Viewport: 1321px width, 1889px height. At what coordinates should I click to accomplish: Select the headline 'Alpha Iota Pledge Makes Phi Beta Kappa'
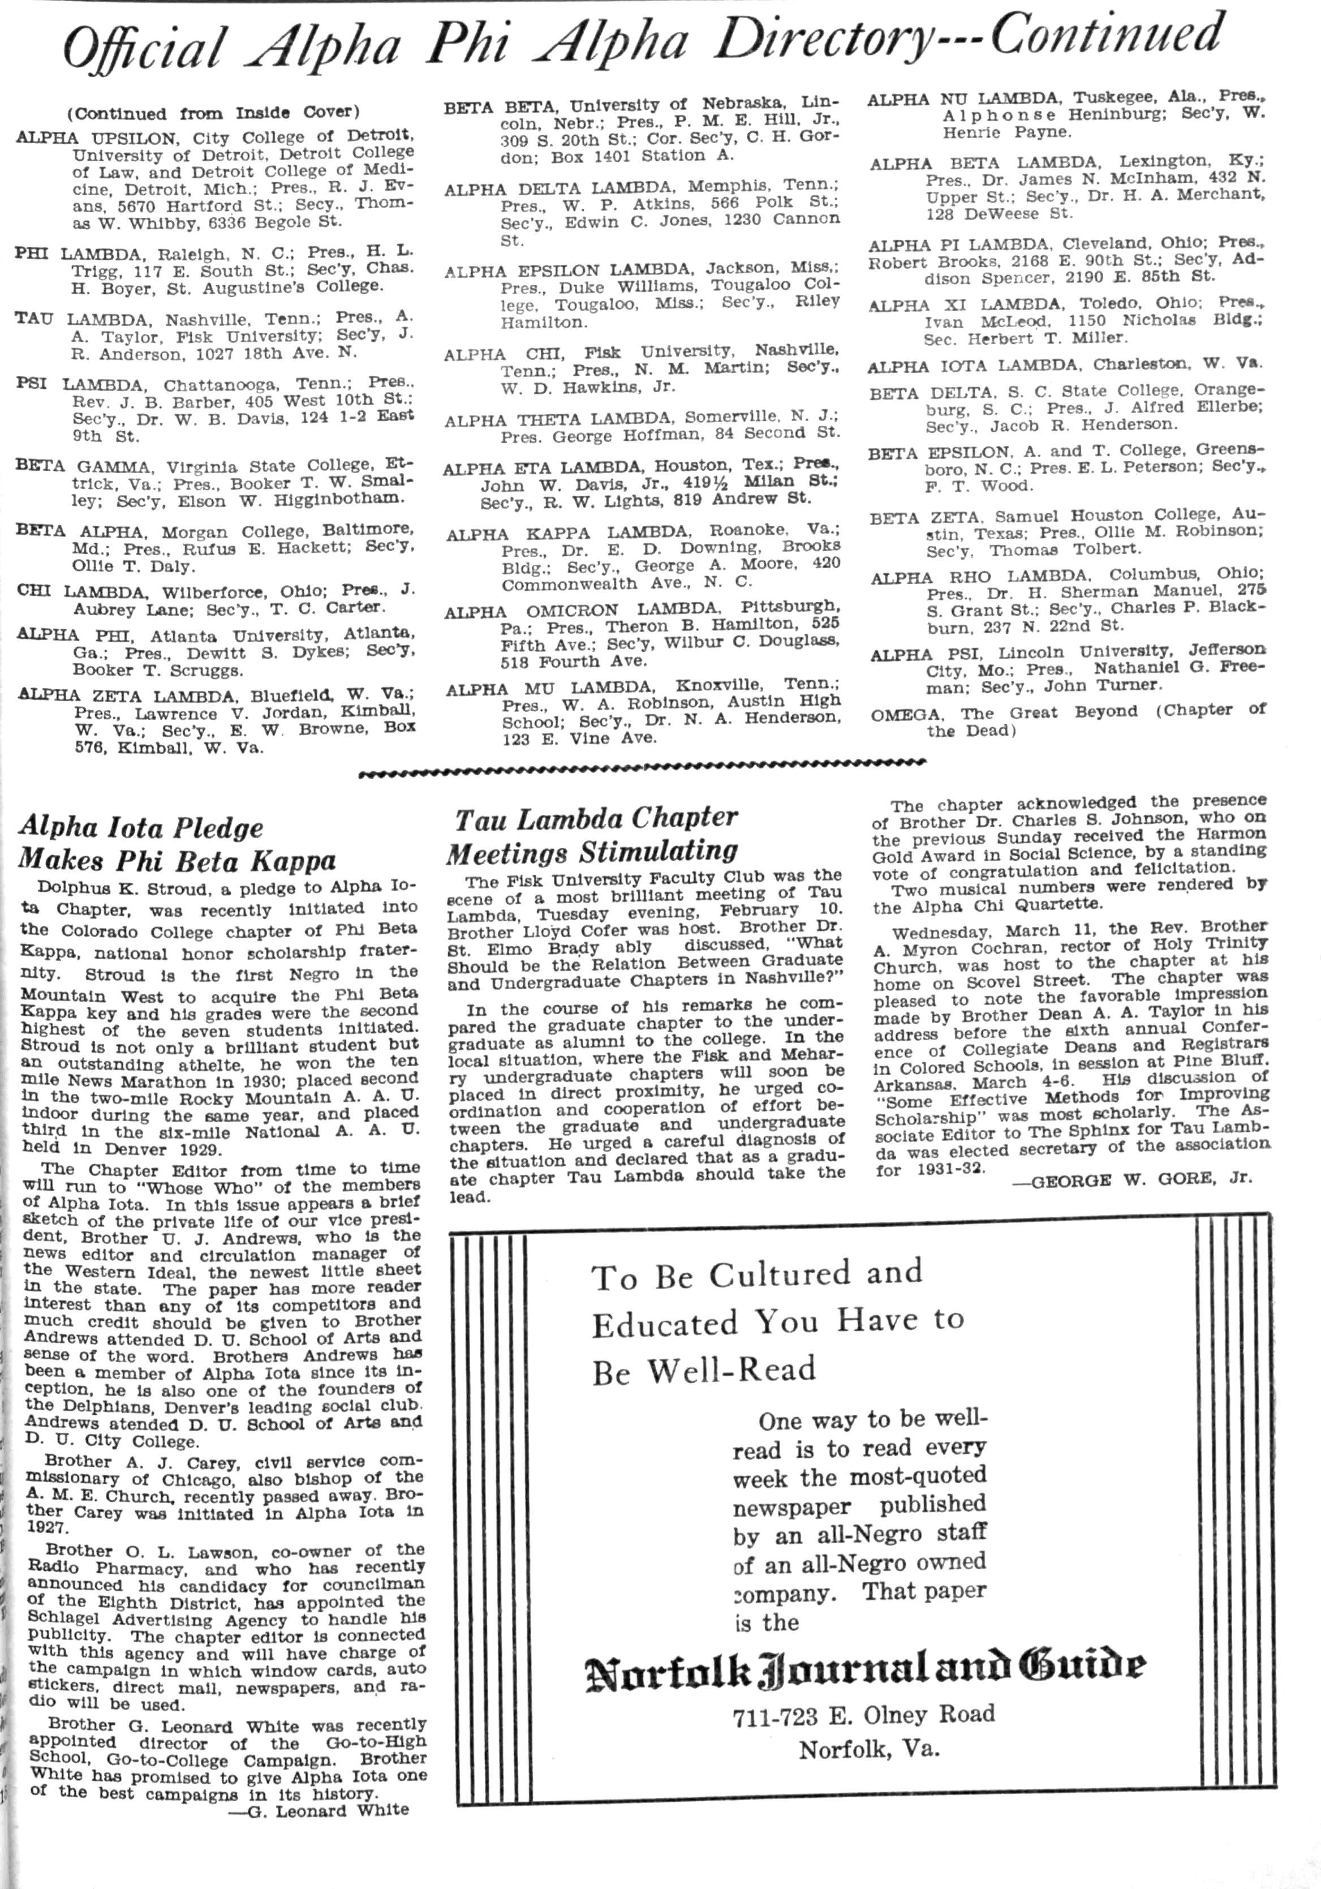click(178, 843)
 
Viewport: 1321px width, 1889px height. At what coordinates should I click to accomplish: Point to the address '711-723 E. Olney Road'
click(864, 1715)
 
